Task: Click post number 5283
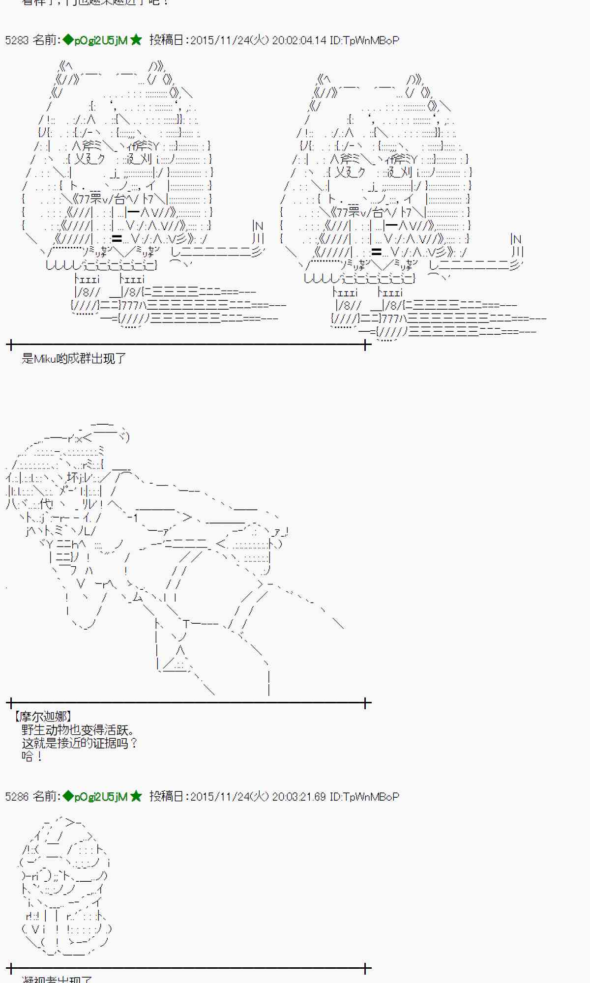(x=17, y=40)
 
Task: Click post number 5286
(x=17, y=797)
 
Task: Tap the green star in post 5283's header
(x=136, y=40)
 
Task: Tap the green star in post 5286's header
(x=136, y=797)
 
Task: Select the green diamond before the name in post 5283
(x=68, y=40)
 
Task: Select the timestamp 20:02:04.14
(x=299, y=40)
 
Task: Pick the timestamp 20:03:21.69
(x=299, y=797)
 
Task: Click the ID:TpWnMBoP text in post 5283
(x=364, y=40)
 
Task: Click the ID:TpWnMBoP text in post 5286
(x=364, y=797)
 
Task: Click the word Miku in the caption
(x=45, y=359)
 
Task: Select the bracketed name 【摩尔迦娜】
(x=43, y=717)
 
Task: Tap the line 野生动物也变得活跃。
(x=78, y=730)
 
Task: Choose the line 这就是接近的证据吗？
(x=79, y=743)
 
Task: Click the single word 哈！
(x=32, y=756)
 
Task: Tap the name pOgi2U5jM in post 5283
(x=101, y=40)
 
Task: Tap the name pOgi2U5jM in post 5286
(x=101, y=797)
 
